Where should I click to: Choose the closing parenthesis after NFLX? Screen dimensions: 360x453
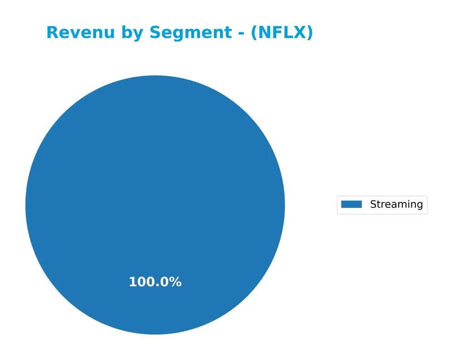(x=309, y=33)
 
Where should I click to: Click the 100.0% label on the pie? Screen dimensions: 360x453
(x=155, y=282)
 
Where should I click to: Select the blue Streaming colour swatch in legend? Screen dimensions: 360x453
(x=352, y=204)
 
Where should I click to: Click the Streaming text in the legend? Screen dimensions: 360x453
(x=396, y=204)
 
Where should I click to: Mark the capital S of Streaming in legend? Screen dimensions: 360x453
(x=373, y=204)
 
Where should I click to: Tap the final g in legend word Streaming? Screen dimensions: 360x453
(x=420, y=205)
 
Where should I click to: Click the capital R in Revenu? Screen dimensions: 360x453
(x=52, y=33)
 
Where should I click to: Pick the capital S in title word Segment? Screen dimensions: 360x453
(x=155, y=33)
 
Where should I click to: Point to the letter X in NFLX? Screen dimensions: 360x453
(x=300, y=33)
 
